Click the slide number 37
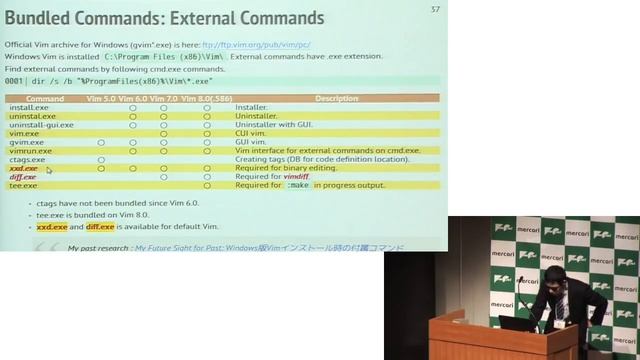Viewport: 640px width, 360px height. pyautogui.click(x=435, y=10)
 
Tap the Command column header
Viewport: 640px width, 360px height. pyautogui.click(x=45, y=99)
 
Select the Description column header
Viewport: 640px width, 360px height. pyautogui.click(x=336, y=99)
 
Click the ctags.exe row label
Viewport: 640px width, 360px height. pyautogui.click(x=28, y=159)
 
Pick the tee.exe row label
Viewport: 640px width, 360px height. pyautogui.click(x=24, y=185)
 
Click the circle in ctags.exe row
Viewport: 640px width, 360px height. pyautogui.click(x=101, y=160)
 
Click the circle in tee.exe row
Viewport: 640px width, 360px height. pyautogui.click(x=207, y=185)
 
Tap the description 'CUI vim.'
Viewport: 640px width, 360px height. pyautogui.click(x=251, y=133)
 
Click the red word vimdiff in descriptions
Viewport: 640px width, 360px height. pyautogui.click(x=296, y=177)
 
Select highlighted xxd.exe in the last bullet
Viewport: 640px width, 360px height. pyautogui.click(x=52, y=227)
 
